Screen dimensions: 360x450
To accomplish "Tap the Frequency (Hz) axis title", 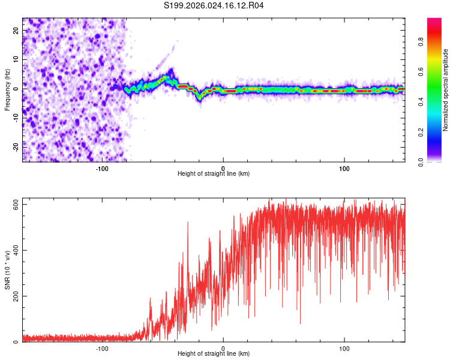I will pyautogui.click(x=7, y=89).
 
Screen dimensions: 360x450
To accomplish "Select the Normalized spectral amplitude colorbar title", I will pyautogui.click(x=446, y=91).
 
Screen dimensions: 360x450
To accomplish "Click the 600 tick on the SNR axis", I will pyautogui.click(x=16, y=205).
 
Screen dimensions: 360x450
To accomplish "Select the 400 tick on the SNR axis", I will pyautogui.click(x=16, y=250).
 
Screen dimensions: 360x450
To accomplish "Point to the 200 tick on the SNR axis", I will pyautogui.click(x=16, y=296).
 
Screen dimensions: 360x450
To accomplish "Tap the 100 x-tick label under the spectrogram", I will pyautogui.click(x=344, y=168).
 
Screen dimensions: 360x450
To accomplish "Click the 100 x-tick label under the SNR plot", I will pyautogui.click(x=344, y=348).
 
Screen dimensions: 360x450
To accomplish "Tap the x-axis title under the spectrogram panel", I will pyautogui.click(x=214, y=174).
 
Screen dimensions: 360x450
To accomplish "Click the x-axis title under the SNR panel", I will pyautogui.click(x=214, y=354).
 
